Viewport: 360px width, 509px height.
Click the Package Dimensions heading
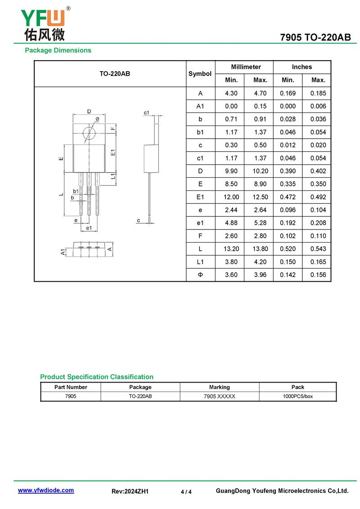click(x=58, y=50)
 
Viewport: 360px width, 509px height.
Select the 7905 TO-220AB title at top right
click(x=315, y=38)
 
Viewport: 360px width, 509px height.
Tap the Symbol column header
click(x=200, y=74)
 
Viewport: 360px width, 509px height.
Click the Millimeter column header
click(x=246, y=67)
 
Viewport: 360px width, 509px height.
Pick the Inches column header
click(x=301, y=67)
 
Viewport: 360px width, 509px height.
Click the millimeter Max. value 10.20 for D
click(x=260, y=171)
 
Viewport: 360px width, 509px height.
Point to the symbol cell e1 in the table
click(x=200, y=223)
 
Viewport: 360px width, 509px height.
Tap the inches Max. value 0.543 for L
click(x=318, y=249)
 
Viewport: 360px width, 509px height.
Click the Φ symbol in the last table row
click(x=200, y=275)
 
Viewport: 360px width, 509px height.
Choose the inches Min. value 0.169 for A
click(x=288, y=93)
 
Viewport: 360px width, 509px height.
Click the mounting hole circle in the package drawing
click(x=89, y=133)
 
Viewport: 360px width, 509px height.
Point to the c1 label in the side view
click(x=147, y=113)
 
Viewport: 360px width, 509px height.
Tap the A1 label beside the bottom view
click(x=63, y=252)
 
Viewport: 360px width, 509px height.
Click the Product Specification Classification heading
click(x=97, y=377)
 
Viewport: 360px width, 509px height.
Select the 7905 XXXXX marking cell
click(x=220, y=396)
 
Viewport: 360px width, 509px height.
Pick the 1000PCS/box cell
click(x=297, y=396)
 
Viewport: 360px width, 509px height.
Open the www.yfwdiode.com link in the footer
click(x=46, y=491)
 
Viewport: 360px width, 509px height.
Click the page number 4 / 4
click(x=186, y=491)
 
